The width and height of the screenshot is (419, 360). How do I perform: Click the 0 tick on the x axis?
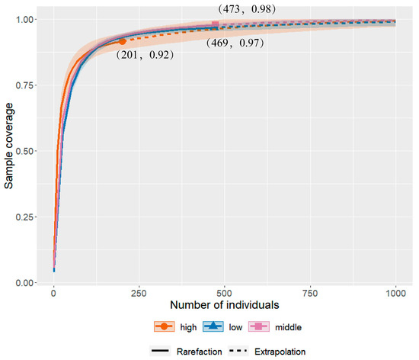[53, 293]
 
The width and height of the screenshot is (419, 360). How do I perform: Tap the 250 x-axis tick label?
[139, 293]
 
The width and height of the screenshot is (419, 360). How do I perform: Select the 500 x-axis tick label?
[225, 293]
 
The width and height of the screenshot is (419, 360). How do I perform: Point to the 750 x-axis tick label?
[310, 293]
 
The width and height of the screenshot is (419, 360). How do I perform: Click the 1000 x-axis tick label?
[395, 293]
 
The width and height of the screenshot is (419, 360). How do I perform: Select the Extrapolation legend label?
[280, 352]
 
